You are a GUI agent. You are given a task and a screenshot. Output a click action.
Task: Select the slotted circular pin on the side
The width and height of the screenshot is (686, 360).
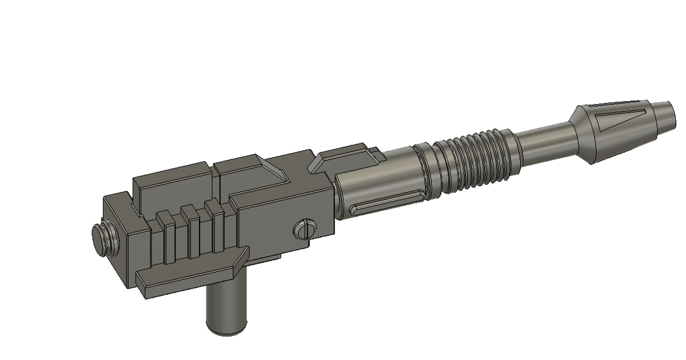tap(304, 230)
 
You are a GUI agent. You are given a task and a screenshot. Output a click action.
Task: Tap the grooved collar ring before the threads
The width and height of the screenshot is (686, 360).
tap(430, 171)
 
